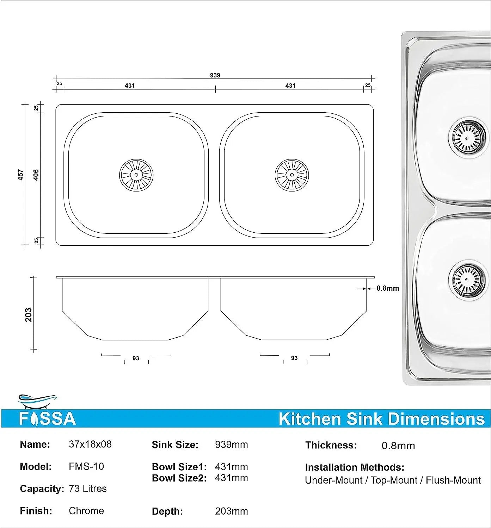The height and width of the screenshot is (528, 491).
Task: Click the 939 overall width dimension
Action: (x=215, y=75)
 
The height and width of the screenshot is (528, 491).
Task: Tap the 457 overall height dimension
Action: (x=21, y=175)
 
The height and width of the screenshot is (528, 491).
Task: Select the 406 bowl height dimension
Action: (x=36, y=175)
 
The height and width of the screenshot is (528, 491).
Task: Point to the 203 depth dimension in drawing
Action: (x=29, y=315)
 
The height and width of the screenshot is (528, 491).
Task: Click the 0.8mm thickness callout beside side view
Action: (x=388, y=288)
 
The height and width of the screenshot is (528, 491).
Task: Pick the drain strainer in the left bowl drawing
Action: (x=136, y=175)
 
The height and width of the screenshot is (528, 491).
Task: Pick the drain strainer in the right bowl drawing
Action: (x=292, y=175)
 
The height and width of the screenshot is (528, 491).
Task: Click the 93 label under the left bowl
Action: (x=136, y=358)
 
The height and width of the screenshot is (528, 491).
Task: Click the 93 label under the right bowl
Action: (x=294, y=358)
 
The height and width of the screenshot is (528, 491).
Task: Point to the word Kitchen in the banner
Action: (x=310, y=419)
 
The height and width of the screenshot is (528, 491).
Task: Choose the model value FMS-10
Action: (x=86, y=466)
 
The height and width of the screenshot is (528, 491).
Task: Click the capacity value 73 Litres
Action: (x=88, y=489)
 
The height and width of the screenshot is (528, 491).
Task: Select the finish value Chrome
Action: (x=86, y=511)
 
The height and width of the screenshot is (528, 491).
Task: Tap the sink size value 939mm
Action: (x=231, y=445)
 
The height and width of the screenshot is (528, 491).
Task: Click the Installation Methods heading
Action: (x=355, y=467)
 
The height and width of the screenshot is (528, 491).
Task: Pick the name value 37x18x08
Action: (x=90, y=444)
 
